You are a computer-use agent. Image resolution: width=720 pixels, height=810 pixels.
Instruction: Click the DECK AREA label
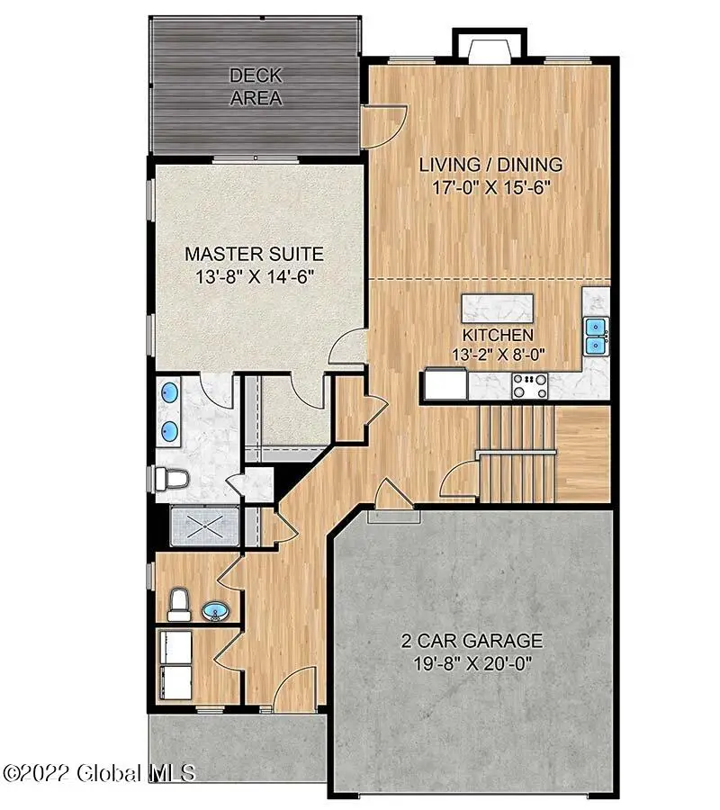click(256, 86)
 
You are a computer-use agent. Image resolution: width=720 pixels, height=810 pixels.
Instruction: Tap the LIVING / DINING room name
click(491, 165)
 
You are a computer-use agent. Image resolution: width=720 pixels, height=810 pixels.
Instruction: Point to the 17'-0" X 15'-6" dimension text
click(491, 188)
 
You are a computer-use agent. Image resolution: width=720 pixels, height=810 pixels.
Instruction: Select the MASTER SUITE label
click(254, 254)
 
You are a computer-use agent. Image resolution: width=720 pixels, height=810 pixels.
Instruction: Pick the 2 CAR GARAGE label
click(472, 642)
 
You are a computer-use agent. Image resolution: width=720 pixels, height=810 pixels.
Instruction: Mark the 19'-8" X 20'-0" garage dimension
click(472, 665)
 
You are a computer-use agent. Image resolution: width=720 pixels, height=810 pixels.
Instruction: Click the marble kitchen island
click(496, 308)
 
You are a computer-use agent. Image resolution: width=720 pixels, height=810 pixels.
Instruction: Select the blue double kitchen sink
click(595, 336)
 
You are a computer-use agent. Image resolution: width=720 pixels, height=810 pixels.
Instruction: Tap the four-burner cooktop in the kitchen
click(530, 386)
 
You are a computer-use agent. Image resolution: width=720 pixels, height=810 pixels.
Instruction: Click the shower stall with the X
click(206, 525)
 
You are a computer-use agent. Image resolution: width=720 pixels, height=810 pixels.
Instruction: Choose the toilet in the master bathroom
click(171, 479)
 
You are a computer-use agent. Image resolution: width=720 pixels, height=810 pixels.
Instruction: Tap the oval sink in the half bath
click(215, 613)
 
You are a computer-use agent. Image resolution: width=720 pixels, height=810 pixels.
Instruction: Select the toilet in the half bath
click(179, 604)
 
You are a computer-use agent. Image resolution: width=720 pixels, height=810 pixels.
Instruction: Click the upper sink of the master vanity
click(169, 393)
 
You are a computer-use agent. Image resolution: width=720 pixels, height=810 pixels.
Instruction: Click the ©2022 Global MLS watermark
click(99, 772)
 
